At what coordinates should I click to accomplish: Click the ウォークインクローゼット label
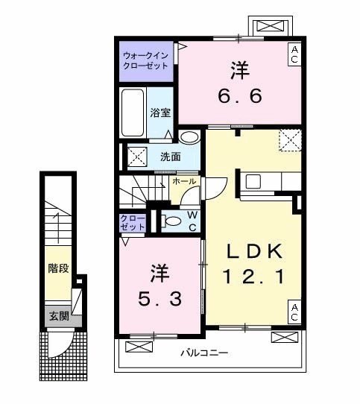point(146,60)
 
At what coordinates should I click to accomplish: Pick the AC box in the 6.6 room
point(294,54)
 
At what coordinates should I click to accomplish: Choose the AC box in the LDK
point(294,313)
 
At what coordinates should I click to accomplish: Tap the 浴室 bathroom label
point(160,113)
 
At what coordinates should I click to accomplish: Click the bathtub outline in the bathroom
point(133,113)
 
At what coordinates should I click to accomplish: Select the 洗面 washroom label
point(170,157)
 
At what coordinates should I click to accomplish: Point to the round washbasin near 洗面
point(189,137)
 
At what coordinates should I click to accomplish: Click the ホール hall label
point(184,181)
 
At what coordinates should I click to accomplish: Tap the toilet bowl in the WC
point(170,220)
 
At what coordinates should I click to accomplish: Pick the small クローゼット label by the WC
point(133,221)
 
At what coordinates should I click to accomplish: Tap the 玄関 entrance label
point(58,316)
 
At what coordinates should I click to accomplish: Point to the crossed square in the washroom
point(136,157)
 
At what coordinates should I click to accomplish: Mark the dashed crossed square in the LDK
point(289,139)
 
